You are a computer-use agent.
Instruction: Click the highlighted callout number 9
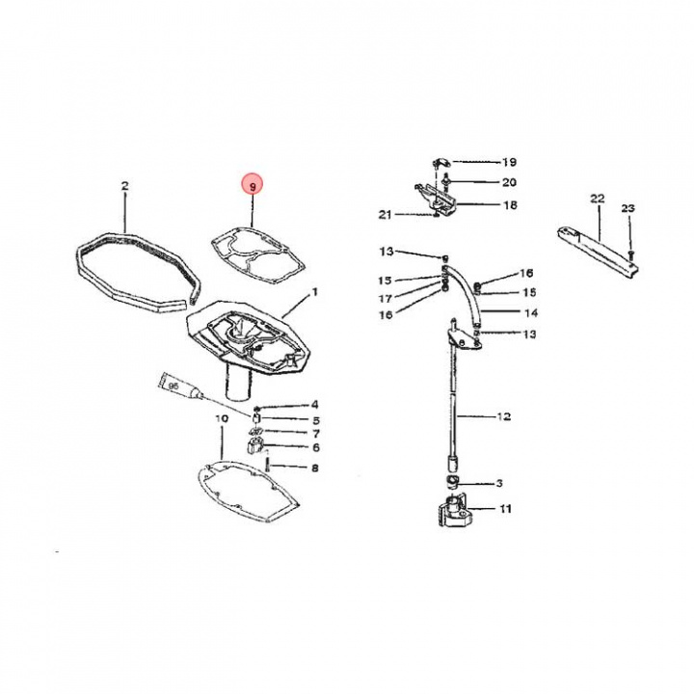coord(253,186)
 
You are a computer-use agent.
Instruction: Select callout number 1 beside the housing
coord(314,291)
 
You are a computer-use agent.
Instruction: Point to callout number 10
coord(221,419)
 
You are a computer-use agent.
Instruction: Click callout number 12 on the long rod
coord(503,417)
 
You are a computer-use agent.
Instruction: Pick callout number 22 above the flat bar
coord(597,199)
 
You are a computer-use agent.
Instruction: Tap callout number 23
coord(628,208)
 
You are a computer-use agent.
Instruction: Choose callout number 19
coord(509,162)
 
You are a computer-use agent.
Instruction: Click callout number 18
coord(509,205)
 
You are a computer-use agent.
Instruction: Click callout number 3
coord(498,483)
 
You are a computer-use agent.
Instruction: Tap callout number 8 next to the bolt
coord(314,468)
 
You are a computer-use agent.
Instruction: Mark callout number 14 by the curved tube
coord(530,313)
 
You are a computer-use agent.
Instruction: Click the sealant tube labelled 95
coord(179,388)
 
